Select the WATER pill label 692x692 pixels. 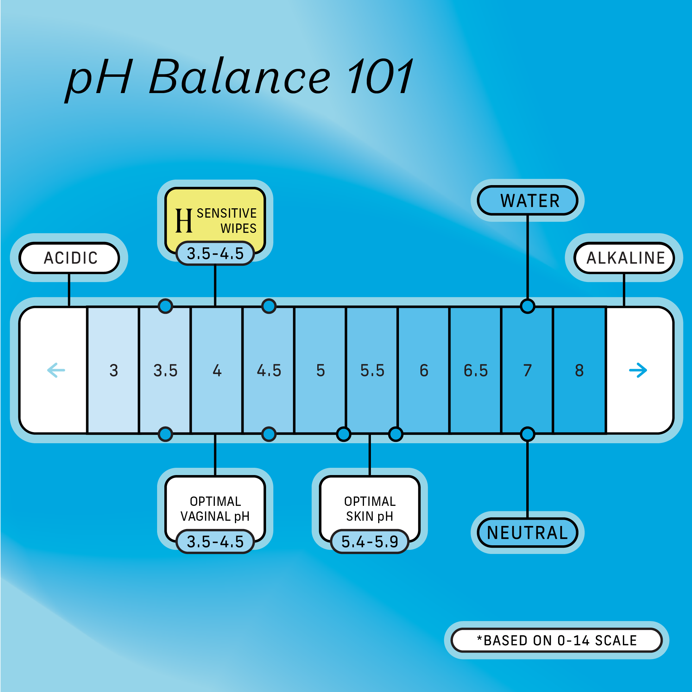tap(529, 201)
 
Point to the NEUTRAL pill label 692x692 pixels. tap(528, 532)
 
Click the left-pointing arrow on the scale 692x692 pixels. tap(56, 370)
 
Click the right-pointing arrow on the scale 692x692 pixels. tap(638, 370)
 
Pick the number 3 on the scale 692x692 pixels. tap(113, 370)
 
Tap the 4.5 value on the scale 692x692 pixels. tap(269, 370)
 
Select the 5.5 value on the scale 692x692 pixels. tap(372, 370)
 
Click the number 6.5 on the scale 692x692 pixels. tap(476, 370)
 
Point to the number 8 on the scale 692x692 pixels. tap(579, 370)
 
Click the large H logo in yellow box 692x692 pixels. tap(184, 221)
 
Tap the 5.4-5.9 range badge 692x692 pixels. tap(370, 541)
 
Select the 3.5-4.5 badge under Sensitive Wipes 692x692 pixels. tap(215, 254)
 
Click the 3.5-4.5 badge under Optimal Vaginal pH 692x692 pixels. tap(215, 541)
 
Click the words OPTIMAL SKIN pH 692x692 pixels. tap(370, 509)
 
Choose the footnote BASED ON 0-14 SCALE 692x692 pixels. tap(557, 640)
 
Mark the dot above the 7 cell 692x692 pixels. tap(527, 306)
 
